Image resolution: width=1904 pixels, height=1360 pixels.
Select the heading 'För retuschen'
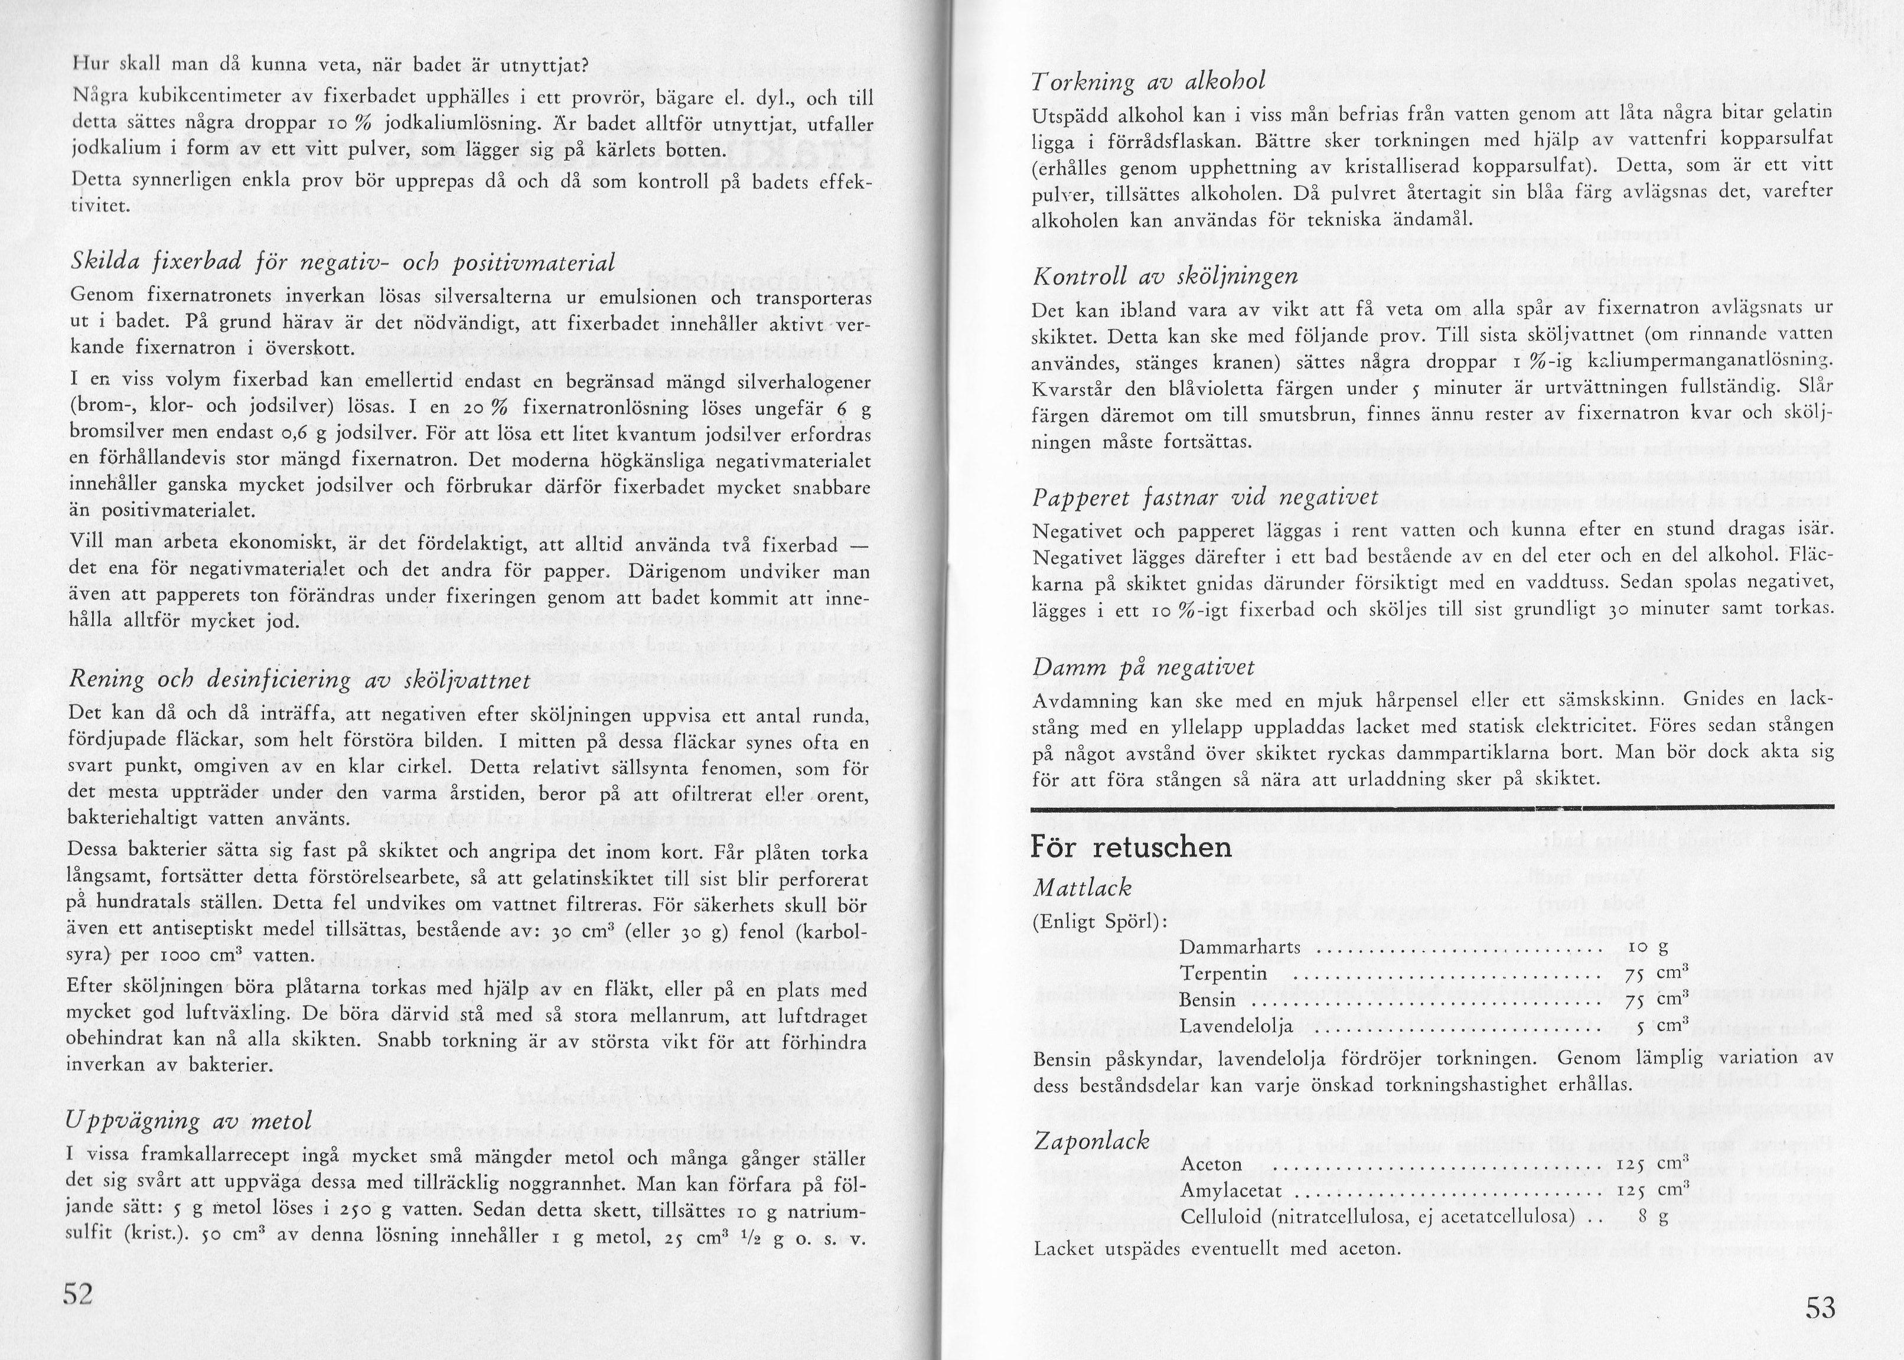coord(1132,847)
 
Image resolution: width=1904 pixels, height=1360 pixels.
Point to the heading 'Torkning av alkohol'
coord(1147,81)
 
